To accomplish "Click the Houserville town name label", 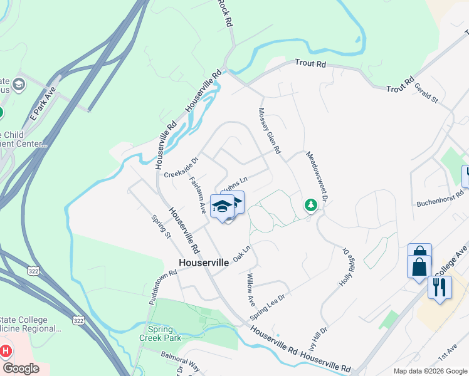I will tap(204, 263).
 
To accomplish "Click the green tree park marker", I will tap(310, 205).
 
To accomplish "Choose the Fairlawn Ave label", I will tap(198, 195).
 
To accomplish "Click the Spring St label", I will tap(161, 227).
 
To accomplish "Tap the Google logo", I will tap(20, 368).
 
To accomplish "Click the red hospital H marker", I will tap(6, 351).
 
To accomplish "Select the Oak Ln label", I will tap(241, 253).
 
